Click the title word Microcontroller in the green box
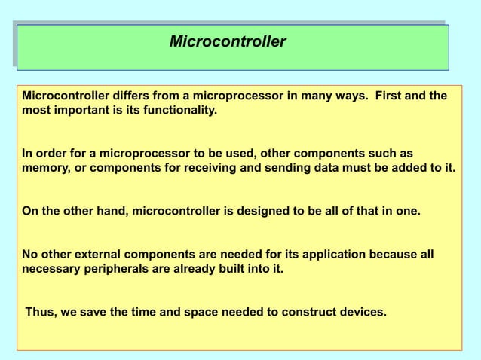coord(228,41)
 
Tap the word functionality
coord(181,111)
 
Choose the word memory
coord(44,167)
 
